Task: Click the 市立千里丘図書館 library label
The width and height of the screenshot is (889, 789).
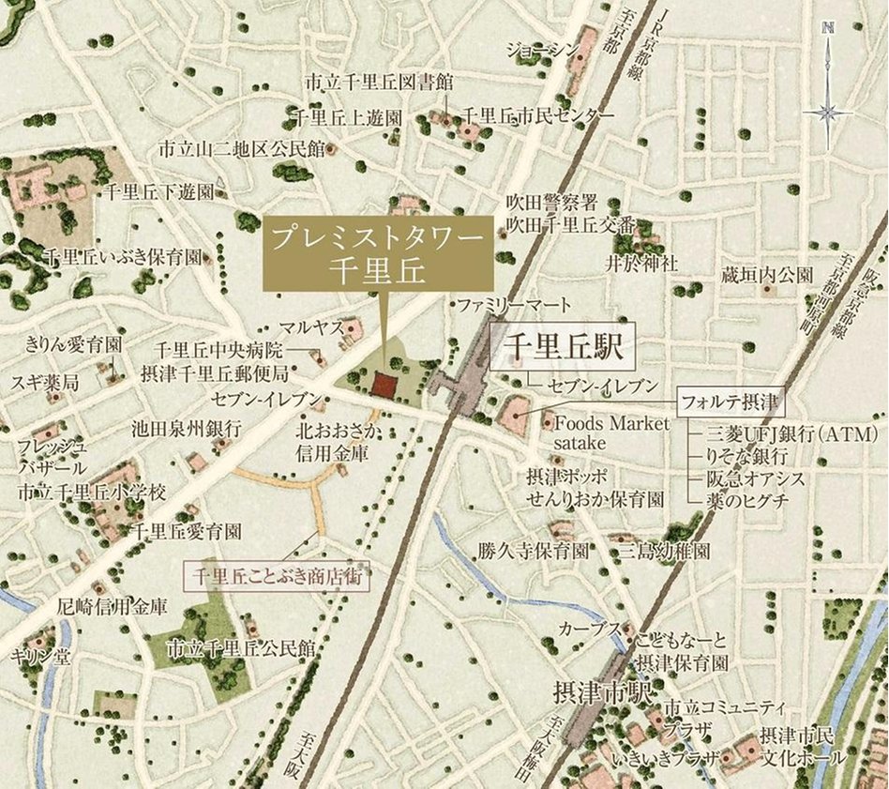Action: click(x=380, y=82)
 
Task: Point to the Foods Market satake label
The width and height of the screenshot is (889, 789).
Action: click(x=611, y=432)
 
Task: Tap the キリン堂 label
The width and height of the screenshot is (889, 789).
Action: click(x=39, y=656)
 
